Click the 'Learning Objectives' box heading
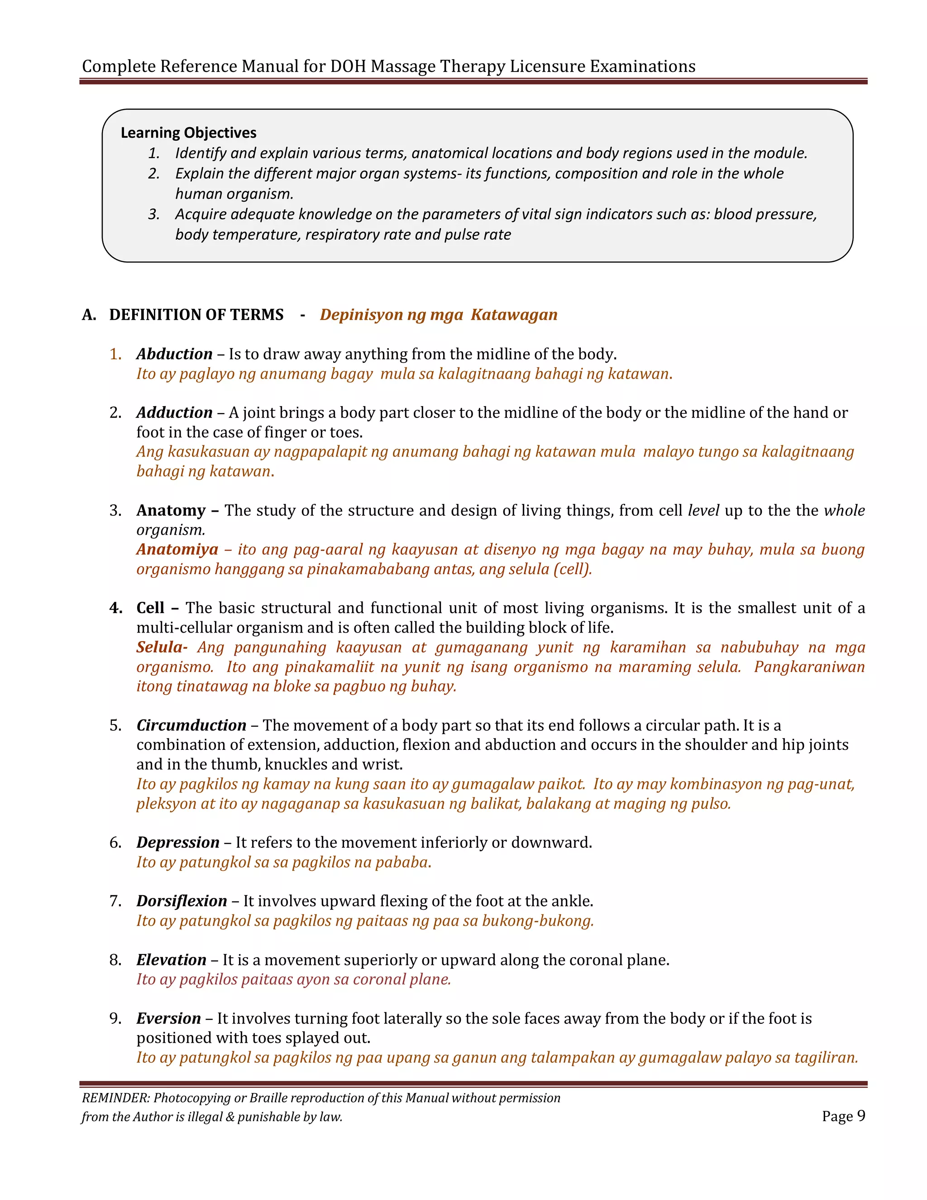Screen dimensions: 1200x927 tap(188, 133)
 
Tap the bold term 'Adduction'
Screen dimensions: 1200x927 tap(174, 413)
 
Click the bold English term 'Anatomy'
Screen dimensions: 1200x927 tap(171, 510)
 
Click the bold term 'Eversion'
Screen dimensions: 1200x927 tap(168, 1019)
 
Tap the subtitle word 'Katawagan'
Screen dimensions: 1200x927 tap(514, 315)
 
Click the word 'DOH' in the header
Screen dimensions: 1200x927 tap(348, 67)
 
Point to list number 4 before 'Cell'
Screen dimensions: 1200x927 tap(115, 608)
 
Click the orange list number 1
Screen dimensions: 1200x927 tap(115, 355)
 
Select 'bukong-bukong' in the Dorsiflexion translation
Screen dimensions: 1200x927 tap(538, 921)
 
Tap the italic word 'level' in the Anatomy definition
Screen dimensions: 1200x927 tap(703, 510)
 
